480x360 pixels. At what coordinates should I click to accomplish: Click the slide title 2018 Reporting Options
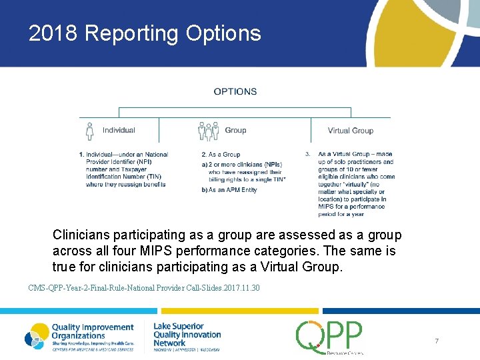click(x=145, y=33)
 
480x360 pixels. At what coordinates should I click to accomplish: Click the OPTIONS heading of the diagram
click(x=235, y=91)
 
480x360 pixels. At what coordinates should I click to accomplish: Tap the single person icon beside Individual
click(x=90, y=130)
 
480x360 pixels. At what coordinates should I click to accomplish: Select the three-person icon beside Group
click(x=209, y=131)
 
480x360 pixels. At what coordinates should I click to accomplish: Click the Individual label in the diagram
click(x=119, y=131)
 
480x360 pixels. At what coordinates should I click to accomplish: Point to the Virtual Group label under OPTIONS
click(x=350, y=131)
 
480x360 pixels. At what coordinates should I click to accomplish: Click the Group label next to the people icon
click(x=235, y=131)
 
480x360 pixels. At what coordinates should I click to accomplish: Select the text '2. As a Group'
click(x=221, y=155)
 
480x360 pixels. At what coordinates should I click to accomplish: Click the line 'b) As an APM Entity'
click(x=229, y=190)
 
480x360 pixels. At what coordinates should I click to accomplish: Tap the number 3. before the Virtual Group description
click(x=307, y=155)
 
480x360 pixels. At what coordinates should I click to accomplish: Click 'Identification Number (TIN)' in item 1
click(x=124, y=177)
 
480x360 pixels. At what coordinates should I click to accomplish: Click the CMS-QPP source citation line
click(x=144, y=288)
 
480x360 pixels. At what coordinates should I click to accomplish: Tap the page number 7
click(x=437, y=341)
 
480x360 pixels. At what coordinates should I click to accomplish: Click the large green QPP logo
click(x=329, y=337)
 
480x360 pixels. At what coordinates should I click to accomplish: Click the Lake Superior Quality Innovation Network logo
click(x=187, y=335)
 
